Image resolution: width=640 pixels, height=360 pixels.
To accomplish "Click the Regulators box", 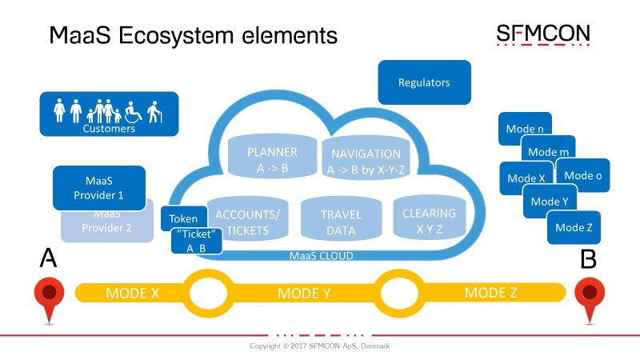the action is tap(425, 82).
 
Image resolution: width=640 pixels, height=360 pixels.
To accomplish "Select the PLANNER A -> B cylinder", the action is tap(272, 156).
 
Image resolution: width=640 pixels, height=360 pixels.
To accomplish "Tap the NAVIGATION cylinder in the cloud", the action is tap(366, 158).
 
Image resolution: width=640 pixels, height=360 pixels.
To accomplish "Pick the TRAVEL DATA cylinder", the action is tap(342, 218).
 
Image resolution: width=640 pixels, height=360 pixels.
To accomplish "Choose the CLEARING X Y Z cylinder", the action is tap(430, 218).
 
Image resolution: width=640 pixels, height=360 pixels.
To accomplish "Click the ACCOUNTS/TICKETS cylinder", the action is tap(248, 218).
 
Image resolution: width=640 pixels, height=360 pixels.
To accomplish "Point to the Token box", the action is tap(184, 218).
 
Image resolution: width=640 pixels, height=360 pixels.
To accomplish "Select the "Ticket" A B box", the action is tap(197, 241).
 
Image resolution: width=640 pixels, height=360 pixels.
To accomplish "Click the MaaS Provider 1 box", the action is tap(99, 188).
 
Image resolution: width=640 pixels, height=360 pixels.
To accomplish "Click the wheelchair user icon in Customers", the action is tap(133, 112).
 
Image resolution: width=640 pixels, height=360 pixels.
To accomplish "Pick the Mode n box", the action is tap(525, 128).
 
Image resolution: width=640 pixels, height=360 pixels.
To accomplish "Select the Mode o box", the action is tap(583, 175).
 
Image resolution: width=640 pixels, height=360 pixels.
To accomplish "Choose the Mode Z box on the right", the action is tap(574, 227).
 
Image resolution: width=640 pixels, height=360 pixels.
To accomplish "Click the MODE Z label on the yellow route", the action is tap(491, 293).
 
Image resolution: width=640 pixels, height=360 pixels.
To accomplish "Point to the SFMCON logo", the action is tap(543, 34).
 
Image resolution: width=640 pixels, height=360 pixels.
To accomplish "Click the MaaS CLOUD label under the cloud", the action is tap(322, 256).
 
